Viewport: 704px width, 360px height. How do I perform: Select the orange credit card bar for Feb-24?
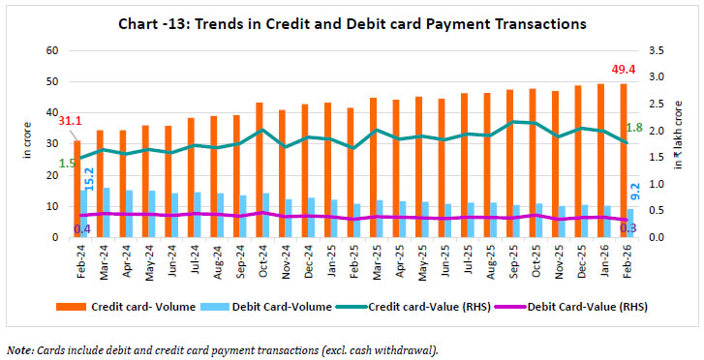tap(77, 189)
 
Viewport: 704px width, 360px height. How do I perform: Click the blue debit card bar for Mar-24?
tap(107, 212)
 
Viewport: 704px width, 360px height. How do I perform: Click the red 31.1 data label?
tap(69, 120)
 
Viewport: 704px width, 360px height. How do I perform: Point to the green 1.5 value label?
tap(66, 163)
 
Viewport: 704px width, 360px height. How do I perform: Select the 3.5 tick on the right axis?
tap(657, 50)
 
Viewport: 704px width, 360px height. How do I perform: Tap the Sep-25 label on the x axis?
tap(509, 259)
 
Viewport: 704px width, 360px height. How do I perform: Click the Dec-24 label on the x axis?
tap(305, 259)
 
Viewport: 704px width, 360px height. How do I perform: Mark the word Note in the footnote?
tap(17, 348)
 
